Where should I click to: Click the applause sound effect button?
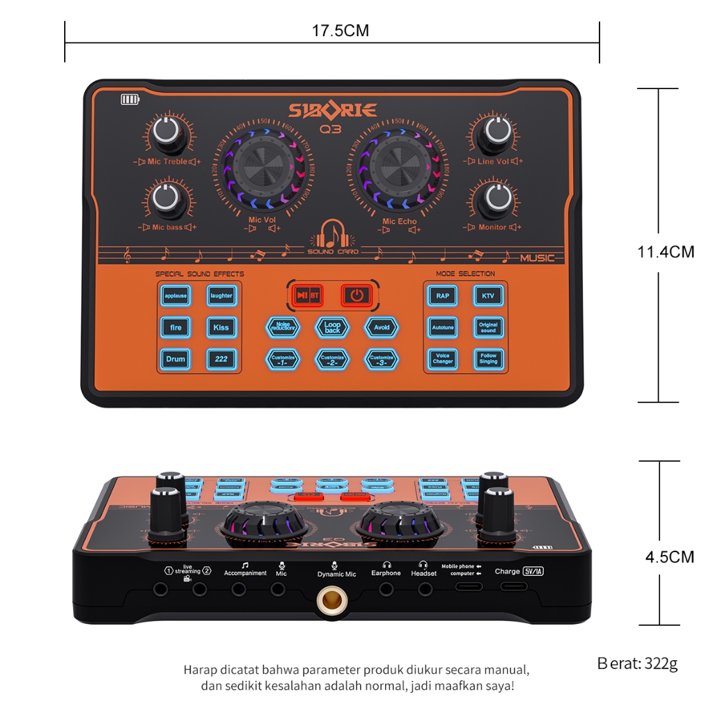coord(175,296)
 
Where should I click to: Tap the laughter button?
coord(221,296)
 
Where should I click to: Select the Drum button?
coord(175,359)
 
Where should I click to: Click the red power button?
coord(356,295)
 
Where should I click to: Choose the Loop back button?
coord(332,327)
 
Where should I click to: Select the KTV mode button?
coord(488,296)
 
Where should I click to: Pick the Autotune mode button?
coord(443,327)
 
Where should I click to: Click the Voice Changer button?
coord(443,359)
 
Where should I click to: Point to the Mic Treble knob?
coord(168,132)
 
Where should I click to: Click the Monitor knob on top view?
coord(498,198)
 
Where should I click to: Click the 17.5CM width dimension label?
coord(340,31)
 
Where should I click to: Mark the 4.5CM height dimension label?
coord(668,557)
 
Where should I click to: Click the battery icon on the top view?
coord(130,100)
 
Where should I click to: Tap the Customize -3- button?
coord(382,359)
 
